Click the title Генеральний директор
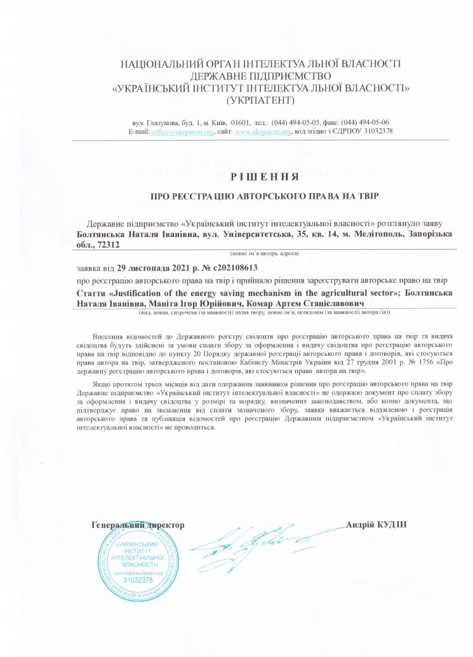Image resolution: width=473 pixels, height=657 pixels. click(x=138, y=525)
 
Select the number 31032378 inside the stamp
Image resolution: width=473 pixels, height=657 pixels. click(x=138, y=580)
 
